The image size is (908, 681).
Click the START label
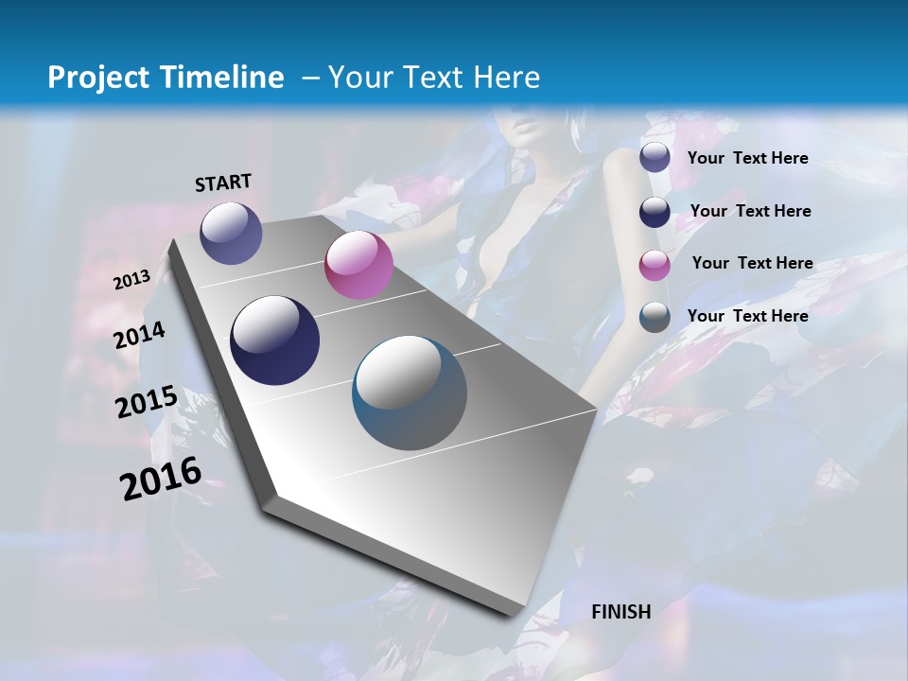(x=223, y=183)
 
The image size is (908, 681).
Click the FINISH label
(x=621, y=612)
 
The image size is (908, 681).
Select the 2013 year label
(x=132, y=280)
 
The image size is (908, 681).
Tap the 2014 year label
(x=140, y=336)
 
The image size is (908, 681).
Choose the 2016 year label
(x=161, y=479)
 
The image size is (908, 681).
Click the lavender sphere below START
(x=231, y=233)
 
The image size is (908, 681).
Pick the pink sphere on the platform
(x=358, y=265)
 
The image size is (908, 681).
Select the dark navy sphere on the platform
(x=275, y=340)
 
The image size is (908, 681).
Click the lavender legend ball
(x=655, y=157)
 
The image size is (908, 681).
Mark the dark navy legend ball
(x=655, y=212)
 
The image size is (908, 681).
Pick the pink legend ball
(x=655, y=265)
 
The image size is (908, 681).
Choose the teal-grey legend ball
(x=655, y=317)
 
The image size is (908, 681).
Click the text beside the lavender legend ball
(x=747, y=158)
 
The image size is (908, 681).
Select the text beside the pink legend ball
(x=752, y=263)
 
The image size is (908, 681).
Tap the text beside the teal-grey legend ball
(x=747, y=316)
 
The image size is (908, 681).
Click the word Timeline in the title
(x=217, y=78)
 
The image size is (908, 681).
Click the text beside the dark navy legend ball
(x=750, y=211)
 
